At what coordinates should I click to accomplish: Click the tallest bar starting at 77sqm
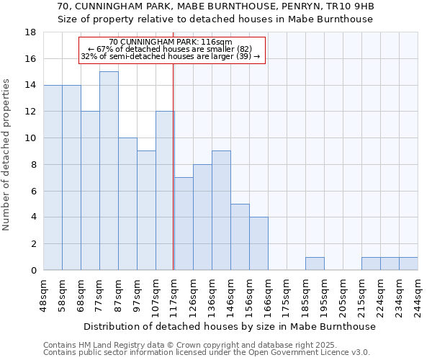[x=109, y=171]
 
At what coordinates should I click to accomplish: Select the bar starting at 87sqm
[x=127, y=204]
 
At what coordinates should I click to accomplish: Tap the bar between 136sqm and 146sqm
[x=221, y=210]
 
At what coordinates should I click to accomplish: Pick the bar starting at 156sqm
[x=258, y=243]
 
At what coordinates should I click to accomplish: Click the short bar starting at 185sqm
[x=315, y=264]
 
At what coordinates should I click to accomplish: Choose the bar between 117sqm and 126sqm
[x=184, y=223]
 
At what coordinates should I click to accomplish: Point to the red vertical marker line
[x=174, y=166]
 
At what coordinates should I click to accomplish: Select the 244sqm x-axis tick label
[x=418, y=294]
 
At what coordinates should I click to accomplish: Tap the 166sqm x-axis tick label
[x=268, y=294]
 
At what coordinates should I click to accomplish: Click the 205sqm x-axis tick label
[x=343, y=294]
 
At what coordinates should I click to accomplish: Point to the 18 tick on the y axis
[x=30, y=32]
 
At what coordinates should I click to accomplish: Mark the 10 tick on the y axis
[x=30, y=138]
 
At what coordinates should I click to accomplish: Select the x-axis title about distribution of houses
[x=230, y=327]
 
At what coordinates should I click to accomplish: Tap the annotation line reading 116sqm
[x=171, y=42]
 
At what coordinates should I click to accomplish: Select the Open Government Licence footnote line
[x=207, y=353]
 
